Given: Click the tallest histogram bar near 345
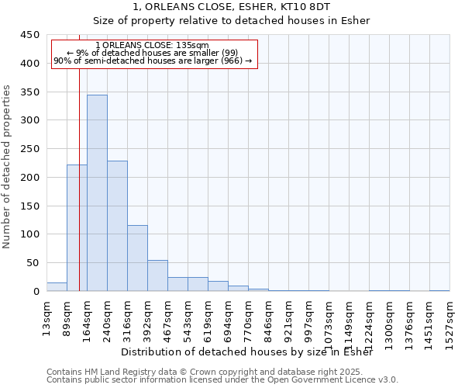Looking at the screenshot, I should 97,193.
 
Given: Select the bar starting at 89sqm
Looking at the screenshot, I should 77,228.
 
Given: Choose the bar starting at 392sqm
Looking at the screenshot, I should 157,275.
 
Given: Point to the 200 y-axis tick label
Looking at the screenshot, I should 29,178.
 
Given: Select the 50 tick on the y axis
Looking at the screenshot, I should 33,263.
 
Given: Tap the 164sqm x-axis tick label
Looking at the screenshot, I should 88,319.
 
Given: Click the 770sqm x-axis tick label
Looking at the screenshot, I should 249,319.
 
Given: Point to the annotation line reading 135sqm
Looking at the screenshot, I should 153,45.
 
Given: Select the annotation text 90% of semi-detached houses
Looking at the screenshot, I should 153,61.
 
